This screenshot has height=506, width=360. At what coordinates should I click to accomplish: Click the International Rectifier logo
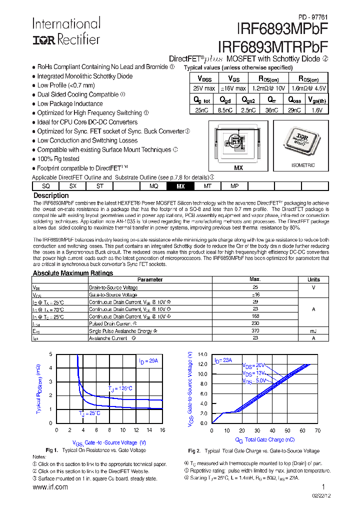(66, 31)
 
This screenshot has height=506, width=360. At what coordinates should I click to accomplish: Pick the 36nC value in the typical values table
(271, 110)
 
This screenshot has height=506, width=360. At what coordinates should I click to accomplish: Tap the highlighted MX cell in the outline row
(180, 186)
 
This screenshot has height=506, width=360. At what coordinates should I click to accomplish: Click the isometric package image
(303, 142)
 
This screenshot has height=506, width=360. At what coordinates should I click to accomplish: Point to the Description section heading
(50, 195)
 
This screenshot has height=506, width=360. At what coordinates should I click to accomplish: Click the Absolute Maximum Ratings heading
(72, 273)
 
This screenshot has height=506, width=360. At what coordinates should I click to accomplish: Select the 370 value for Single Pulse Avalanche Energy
(255, 330)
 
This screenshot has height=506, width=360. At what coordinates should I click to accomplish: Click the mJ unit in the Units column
(313, 330)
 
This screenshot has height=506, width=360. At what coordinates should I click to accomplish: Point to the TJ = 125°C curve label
(120, 388)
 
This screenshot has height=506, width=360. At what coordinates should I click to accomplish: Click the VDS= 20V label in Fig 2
(253, 365)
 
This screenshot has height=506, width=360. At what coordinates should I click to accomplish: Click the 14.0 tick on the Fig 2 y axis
(202, 354)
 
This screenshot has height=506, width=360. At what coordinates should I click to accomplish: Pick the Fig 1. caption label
(52, 450)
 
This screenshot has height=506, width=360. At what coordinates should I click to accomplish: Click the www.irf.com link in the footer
(50, 487)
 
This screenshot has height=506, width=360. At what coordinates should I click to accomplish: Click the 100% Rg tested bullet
(58, 159)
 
